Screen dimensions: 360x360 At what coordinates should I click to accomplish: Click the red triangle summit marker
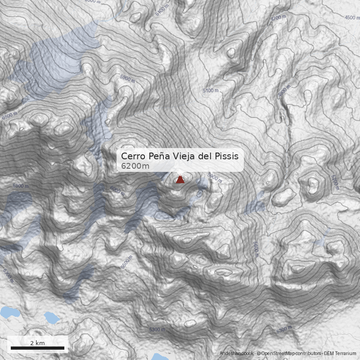click(x=180, y=180)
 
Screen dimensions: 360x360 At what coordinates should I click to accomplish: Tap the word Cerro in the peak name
click(x=133, y=157)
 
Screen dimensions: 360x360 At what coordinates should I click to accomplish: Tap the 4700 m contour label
click(x=278, y=18)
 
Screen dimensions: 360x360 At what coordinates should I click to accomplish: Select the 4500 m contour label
click(x=352, y=18)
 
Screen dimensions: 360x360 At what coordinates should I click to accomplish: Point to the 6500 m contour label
click(x=9, y=115)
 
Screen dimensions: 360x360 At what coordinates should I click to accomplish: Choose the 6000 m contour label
click(x=117, y=191)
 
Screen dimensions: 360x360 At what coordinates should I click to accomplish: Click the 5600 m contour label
click(x=256, y=248)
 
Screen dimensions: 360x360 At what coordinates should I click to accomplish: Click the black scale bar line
click(x=37, y=348)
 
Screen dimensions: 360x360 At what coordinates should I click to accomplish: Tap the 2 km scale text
click(x=37, y=343)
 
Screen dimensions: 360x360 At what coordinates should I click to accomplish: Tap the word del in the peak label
click(x=209, y=157)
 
